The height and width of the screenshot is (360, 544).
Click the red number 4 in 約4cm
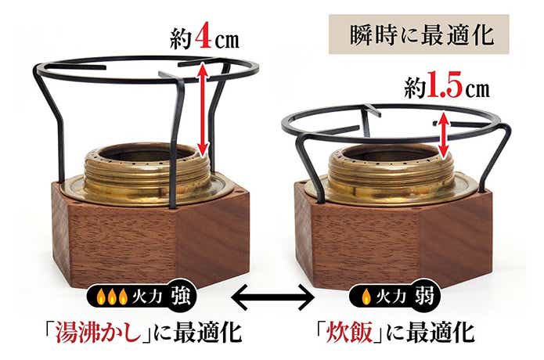click(203, 37)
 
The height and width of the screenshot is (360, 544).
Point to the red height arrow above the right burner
click(445, 133)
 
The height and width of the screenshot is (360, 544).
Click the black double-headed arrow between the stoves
click(272, 297)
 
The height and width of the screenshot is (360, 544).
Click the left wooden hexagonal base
click(149, 235)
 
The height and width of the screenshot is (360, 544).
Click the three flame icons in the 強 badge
click(110, 297)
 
